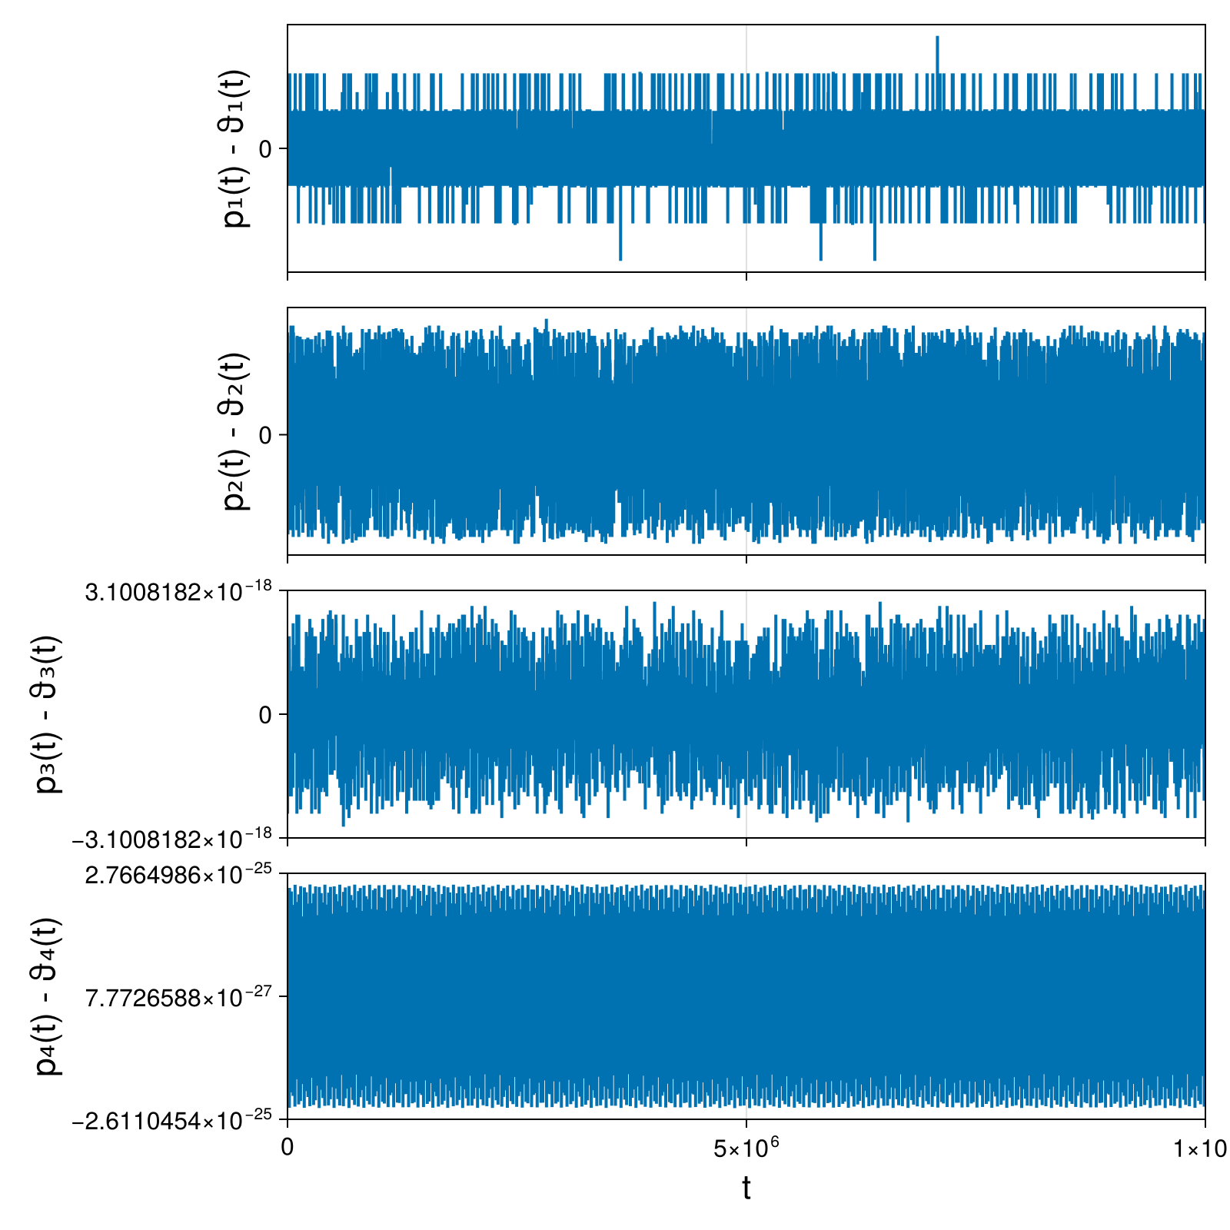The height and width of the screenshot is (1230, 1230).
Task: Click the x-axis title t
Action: (x=746, y=1188)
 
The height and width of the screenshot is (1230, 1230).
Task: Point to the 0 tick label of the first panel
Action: (x=266, y=148)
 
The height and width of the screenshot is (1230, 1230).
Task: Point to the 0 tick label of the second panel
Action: (x=266, y=435)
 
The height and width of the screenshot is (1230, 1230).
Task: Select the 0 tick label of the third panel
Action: (x=266, y=714)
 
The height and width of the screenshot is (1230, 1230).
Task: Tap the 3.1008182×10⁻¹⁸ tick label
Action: (x=179, y=590)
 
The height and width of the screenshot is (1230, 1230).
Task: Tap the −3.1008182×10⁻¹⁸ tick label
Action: (x=172, y=838)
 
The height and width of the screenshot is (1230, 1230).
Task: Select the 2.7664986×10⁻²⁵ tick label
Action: (x=179, y=873)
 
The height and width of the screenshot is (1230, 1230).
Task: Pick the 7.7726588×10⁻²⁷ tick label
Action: (x=179, y=997)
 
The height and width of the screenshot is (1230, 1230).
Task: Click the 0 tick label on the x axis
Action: (x=288, y=1149)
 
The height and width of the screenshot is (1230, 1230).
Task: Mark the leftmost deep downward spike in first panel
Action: (x=620, y=258)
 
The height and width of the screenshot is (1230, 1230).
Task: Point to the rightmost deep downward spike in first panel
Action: (x=874, y=258)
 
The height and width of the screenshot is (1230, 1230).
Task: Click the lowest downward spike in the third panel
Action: (x=343, y=824)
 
